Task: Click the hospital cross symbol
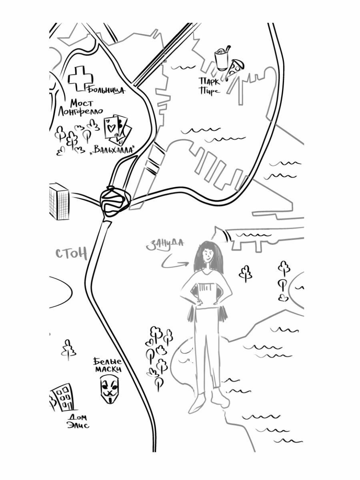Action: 80,78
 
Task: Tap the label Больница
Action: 106,90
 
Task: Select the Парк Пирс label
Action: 210,86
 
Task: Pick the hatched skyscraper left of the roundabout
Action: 59,201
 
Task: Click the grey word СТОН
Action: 71,254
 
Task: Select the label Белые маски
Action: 107,365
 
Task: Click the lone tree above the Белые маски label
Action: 69,350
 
